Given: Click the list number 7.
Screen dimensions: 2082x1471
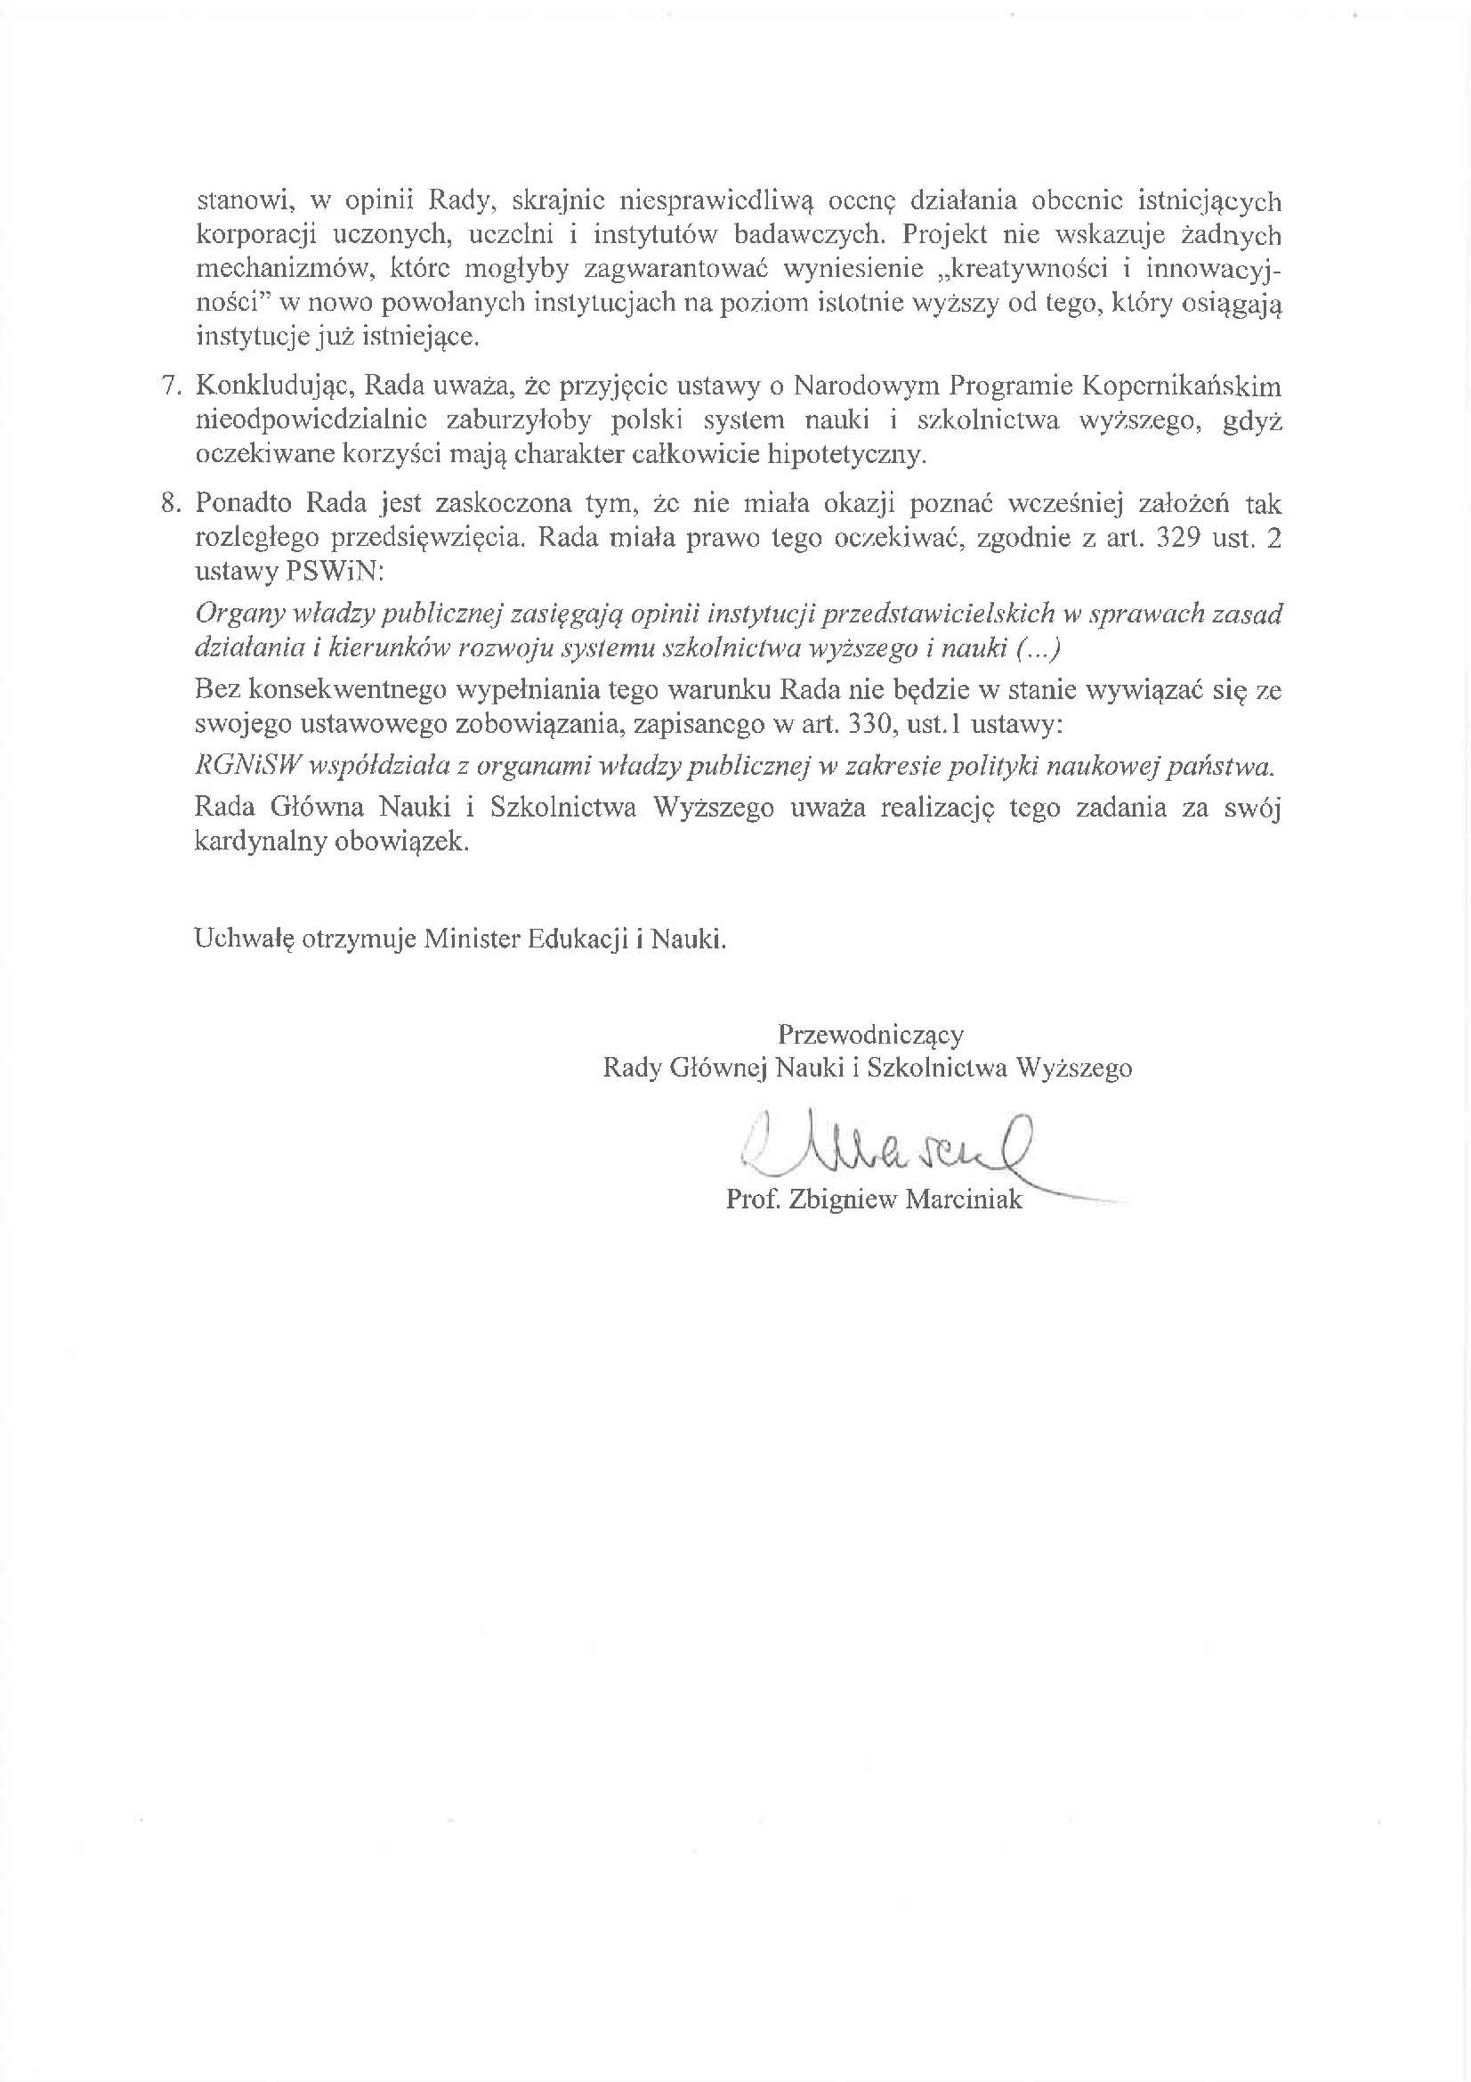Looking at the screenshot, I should coord(171,386).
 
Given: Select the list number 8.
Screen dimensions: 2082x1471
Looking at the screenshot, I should coord(171,503).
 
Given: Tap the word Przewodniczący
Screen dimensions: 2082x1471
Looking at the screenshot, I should coord(870,1035).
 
